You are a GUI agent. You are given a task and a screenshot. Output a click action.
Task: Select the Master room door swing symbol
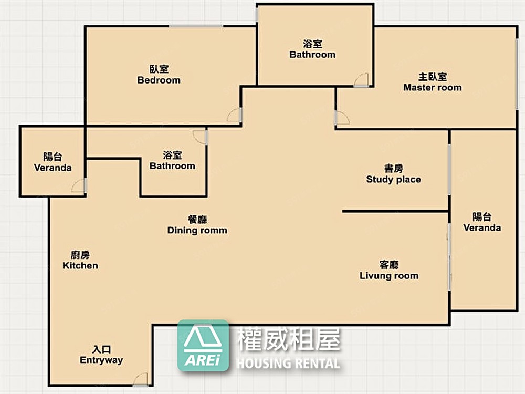342,119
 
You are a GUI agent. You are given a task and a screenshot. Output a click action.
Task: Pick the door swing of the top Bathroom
362,80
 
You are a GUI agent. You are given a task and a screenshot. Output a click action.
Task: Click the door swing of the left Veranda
78,185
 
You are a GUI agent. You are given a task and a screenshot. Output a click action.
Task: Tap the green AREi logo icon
203,346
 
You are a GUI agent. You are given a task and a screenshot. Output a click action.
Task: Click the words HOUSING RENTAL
288,363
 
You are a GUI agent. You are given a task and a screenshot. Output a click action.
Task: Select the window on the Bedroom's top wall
196,26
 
